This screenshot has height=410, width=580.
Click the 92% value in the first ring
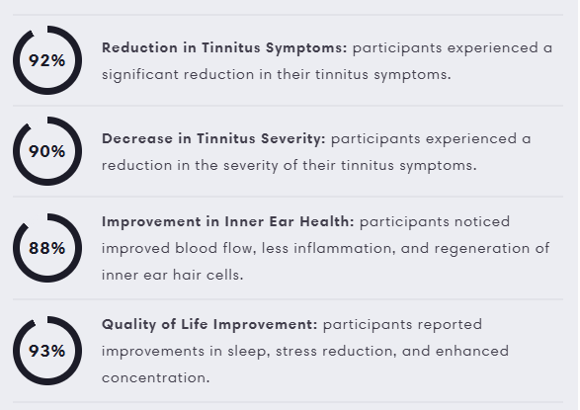[47, 60]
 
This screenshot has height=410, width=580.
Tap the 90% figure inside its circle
[47, 151]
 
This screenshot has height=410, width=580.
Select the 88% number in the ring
[47, 248]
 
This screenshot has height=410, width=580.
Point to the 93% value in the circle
[47, 351]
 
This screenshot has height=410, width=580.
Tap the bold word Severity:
[292, 139]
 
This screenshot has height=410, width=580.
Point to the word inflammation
[345, 248]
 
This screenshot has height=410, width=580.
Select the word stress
[296, 352]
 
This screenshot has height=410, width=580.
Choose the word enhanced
[472, 351]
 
